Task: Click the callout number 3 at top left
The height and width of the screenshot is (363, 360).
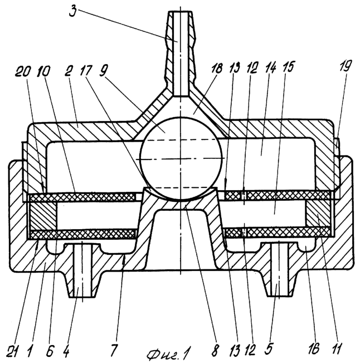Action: click(x=72, y=11)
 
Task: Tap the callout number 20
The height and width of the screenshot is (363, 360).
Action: click(x=23, y=72)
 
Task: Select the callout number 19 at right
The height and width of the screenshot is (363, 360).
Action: click(x=346, y=66)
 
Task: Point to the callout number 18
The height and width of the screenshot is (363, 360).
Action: click(x=217, y=69)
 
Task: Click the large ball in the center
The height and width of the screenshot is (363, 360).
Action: click(x=181, y=158)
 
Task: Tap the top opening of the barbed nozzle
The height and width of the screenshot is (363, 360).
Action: click(x=180, y=11)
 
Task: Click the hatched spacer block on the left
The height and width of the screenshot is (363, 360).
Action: click(x=42, y=216)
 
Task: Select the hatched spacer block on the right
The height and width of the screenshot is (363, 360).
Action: click(x=318, y=214)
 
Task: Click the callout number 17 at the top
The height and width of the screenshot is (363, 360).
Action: click(x=86, y=71)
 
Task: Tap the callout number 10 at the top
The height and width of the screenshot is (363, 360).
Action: click(x=43, y=72)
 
